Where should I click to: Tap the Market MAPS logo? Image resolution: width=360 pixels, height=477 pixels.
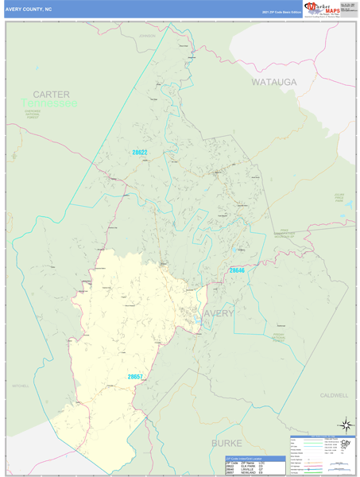click(x=325, y=10)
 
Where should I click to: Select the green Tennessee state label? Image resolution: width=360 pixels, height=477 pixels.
click(x=49, y=103)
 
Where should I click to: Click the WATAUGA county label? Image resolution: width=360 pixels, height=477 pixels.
click(x=273, y=82)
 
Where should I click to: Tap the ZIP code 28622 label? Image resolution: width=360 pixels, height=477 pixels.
click(x=140, y=153)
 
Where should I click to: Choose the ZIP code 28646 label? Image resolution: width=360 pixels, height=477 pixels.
click(x=237, y=271)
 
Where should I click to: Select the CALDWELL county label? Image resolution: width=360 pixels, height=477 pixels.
click(x=334, y=395)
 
